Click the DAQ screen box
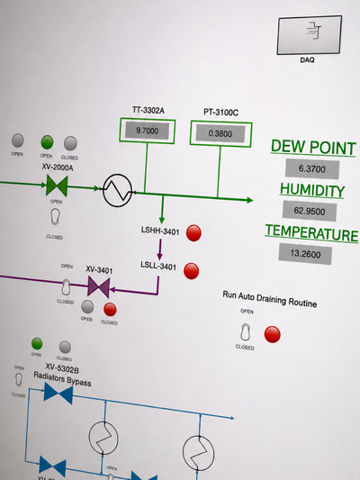point(310,35)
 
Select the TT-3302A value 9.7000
point(147,131)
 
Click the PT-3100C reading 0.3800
point(220,133)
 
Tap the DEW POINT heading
point(313,148)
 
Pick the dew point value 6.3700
point(312,168)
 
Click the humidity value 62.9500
point(310,211)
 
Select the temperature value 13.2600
point(305,254)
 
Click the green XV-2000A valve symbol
point(57,186)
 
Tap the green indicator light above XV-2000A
point(47,142)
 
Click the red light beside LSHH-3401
point(193,233)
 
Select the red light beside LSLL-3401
point(192,271)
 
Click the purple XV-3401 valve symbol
point(98,287)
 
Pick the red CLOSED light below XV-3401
point(110,309)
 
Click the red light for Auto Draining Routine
point(272,334)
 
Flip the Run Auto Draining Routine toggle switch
point(245,331)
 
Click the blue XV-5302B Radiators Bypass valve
point(58,394)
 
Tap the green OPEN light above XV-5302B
point(37,343)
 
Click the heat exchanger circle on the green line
point(118,190)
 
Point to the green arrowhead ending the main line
point(250,200)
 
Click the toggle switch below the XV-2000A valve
point(55,217)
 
